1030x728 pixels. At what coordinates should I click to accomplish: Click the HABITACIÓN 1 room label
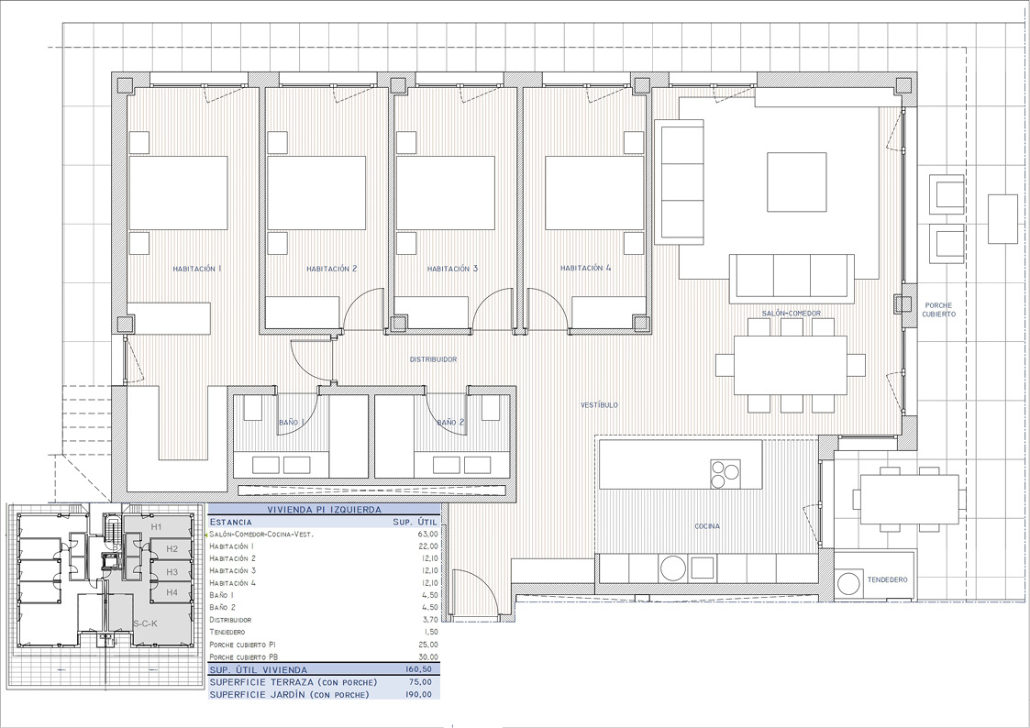197,269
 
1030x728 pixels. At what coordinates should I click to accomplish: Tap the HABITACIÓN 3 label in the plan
452,269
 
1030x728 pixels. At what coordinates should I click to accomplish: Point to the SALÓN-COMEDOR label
791,314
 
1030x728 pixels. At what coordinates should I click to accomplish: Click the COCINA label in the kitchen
706,526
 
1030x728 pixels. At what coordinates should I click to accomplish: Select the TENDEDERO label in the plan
887,580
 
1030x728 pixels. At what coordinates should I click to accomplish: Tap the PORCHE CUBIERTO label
939,309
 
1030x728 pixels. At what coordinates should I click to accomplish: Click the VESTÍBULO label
599,404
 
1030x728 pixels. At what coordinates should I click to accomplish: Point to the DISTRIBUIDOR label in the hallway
433,359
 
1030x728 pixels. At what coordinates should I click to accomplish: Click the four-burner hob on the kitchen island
724,473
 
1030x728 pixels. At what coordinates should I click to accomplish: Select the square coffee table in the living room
796,182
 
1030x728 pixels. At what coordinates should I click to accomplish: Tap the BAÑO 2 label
449,423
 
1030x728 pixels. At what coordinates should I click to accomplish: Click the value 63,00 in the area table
427,534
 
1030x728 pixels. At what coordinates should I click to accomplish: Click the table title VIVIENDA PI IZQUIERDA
323,509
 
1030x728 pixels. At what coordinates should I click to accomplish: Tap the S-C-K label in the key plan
145,624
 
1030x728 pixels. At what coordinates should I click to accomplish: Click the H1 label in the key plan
157,527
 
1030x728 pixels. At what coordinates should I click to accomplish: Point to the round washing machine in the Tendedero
850,581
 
